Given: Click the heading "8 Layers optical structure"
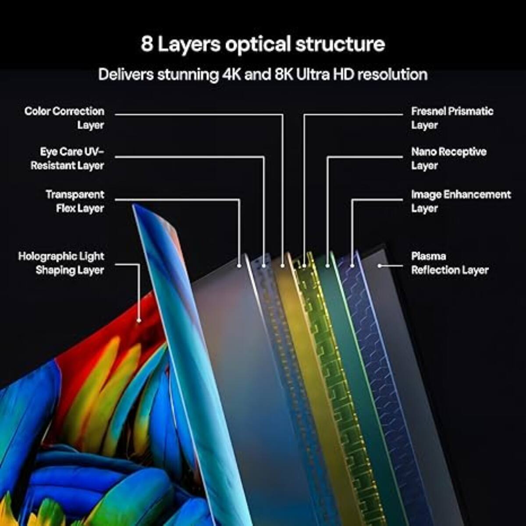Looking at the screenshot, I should [x=263, y=44].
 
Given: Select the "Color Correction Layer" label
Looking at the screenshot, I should [x=64, y=118].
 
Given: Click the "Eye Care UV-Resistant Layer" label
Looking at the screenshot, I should [x=68, y=159].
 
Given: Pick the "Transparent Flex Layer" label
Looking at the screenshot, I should [x=75, y=201].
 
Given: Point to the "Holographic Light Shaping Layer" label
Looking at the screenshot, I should [x=61, y=263].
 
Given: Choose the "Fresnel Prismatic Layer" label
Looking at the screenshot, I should [x=452, y=118].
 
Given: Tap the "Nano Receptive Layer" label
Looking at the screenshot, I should [x=448, y=159].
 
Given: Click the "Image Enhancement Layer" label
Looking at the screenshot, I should [x=461, y=201].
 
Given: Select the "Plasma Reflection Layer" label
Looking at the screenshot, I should [x=450, y=263].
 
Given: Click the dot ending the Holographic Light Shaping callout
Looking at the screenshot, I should [x=139, y=320].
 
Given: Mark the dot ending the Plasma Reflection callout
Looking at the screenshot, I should [x=380, y=266].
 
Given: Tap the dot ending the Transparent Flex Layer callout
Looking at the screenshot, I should [x=239, y=266].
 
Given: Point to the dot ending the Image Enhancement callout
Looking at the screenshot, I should [x=352, y=266].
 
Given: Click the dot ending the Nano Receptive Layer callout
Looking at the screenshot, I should [x=328, y=266].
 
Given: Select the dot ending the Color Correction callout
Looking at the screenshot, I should [x=282, y=266].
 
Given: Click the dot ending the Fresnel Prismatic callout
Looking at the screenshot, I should [x=304, y=266].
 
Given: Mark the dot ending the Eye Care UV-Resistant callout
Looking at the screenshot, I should [x=264, y=266].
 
